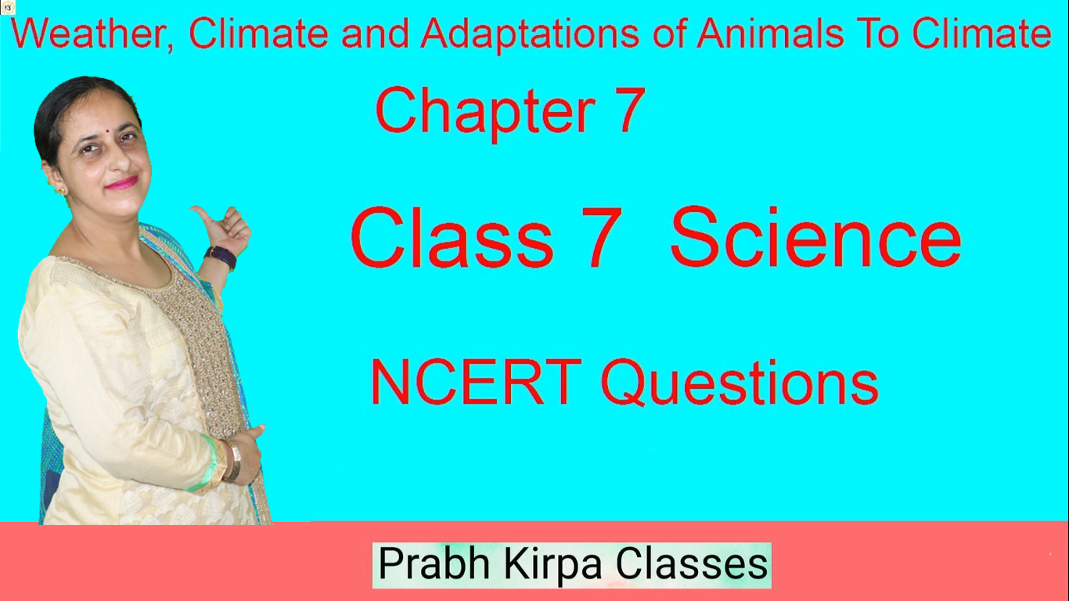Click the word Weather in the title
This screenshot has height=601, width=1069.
click(x=90, y=34)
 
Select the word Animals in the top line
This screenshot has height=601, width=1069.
click(x=770, y=34)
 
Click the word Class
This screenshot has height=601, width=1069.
click(x=452, y=237)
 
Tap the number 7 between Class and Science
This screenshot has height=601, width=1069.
click(x=605, y=238)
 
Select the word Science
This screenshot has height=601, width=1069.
click(x=815, y=237)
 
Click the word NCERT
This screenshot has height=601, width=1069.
click(x=476, y=382)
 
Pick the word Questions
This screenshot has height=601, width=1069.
click(x=740, y=383)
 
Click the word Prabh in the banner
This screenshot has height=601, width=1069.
click(x=434, y=563)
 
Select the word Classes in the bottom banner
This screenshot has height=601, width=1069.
click(x=692, y=563)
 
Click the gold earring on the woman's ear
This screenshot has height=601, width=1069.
click(x=62, y=192)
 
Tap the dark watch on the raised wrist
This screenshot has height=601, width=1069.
click(x=221, y=257)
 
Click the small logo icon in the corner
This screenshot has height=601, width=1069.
click(x=8, y=8)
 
